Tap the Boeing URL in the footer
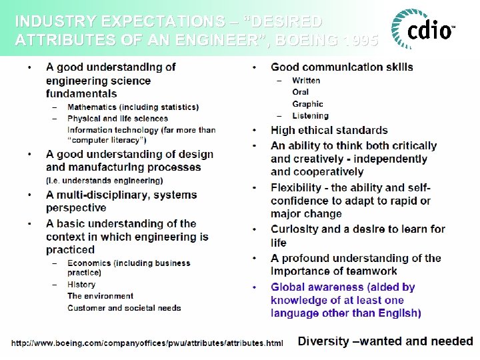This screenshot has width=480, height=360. [147, 343]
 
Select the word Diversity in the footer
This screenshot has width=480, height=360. [323, 341]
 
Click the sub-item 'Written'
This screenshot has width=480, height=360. [306, 80]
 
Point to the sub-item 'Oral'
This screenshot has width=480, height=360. [301, 92]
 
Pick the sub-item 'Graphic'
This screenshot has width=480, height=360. [307, 104]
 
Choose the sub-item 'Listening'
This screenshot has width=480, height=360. [311, 116]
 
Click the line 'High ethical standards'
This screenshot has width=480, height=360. [329, 130]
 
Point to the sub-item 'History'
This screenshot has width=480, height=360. [81, 285]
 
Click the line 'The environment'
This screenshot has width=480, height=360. [100, 296]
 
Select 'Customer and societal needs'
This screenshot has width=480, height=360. [124, 308]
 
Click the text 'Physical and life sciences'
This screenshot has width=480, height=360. [118, 119]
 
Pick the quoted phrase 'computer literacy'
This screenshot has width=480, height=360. [107, 140]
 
